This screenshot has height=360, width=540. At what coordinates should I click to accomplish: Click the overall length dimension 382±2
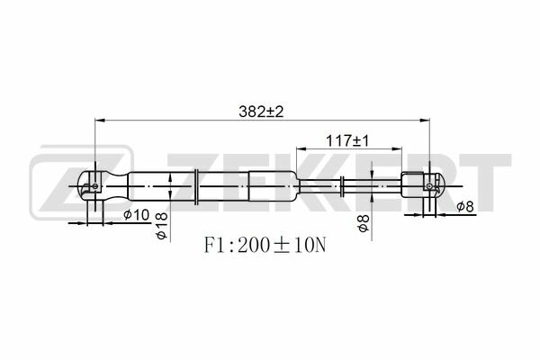[261, 112]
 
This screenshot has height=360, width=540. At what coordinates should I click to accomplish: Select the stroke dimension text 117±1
[347, 140]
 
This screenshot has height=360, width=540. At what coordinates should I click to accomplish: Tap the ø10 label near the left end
[137, 215]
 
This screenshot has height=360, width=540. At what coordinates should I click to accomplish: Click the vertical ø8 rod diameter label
[364, 223]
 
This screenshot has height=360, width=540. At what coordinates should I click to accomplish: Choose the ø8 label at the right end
[465, 206]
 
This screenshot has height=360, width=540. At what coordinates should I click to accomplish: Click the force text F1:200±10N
[265, 246]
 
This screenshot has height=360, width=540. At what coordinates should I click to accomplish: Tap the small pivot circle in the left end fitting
[95, 186]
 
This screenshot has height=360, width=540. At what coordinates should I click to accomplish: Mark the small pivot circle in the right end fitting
[429, 186]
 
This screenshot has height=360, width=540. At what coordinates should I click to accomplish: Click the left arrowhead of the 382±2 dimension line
[100, 121]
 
